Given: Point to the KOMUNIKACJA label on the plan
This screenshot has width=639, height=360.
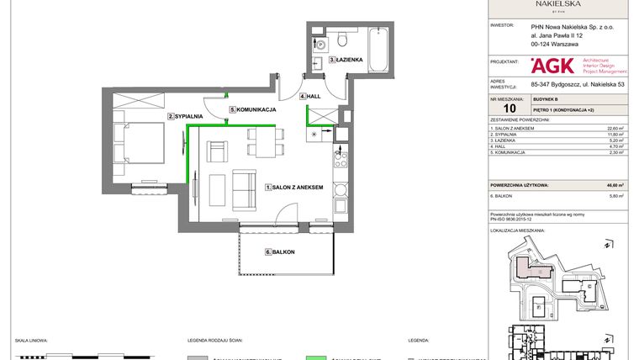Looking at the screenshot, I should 255,110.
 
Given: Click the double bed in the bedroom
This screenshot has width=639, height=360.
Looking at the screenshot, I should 134,141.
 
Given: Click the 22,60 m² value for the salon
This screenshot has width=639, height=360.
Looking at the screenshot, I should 615,128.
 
